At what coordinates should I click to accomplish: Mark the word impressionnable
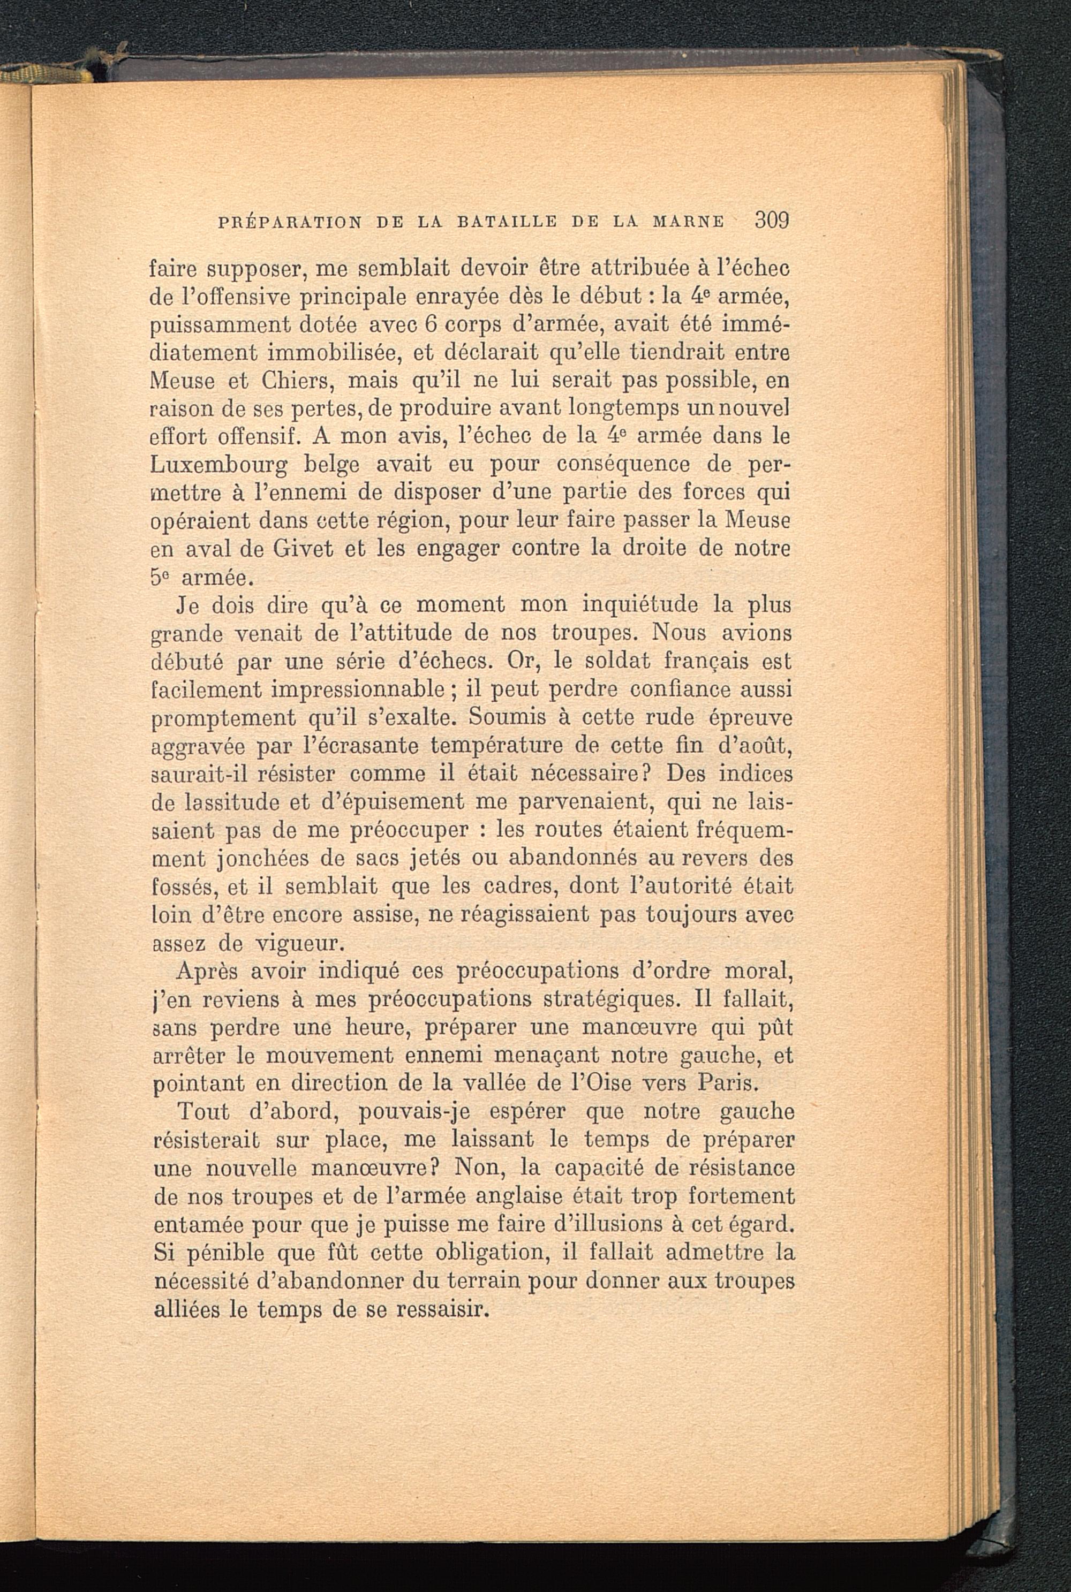coord(350,690)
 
